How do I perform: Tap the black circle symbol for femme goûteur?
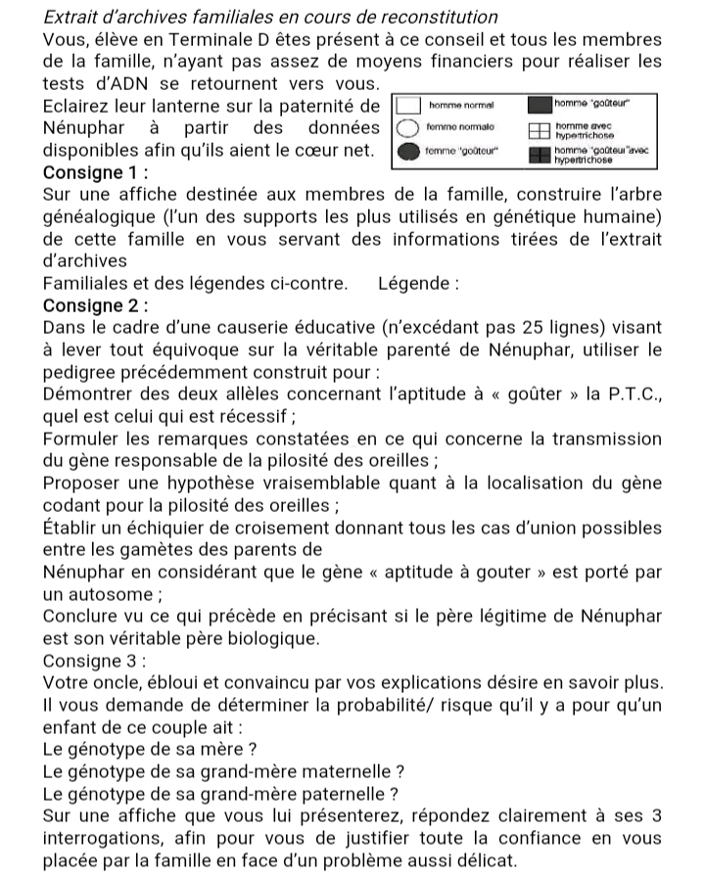tap(405, 152)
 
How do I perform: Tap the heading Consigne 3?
tap(94, 661)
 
